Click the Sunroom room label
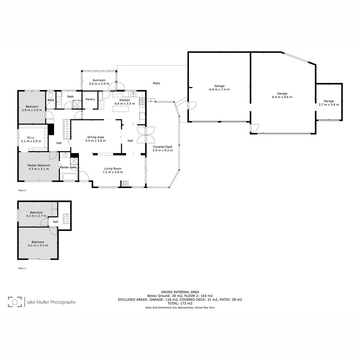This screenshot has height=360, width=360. (x=99, y=80)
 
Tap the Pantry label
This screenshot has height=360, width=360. (x=90, y=99)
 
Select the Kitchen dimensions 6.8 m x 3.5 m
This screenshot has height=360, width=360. (x=125, y=104)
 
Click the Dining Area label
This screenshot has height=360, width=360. (x=96, y=137)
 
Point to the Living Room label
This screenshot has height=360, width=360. (x=113, y=169)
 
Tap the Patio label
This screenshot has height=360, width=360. (x=156, y=83)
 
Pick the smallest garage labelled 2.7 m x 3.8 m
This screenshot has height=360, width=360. (x=329, y=103)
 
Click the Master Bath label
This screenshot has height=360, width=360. (x=68, y=167)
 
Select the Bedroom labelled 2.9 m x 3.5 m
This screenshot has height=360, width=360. (x=32, y=108)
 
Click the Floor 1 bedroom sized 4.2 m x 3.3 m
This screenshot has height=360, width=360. (x=38, y=244)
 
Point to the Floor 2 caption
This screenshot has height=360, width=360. (x=22, y=191)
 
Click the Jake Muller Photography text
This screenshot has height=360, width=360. (x=51, y=302)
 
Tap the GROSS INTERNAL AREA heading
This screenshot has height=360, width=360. (x=180, y=292)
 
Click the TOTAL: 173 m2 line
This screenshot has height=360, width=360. (x=180, y=303)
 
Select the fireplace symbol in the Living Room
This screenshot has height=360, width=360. (x=125, y=183)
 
